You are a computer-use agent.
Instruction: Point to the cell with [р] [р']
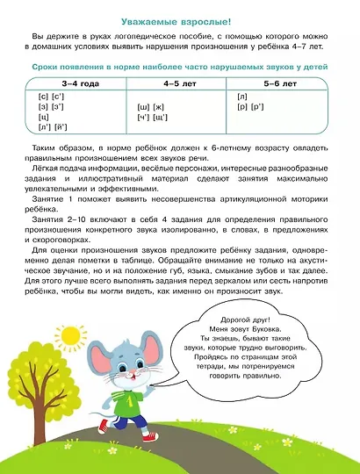pos(249,105)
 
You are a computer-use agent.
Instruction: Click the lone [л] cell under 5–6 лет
pos(242,95)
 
